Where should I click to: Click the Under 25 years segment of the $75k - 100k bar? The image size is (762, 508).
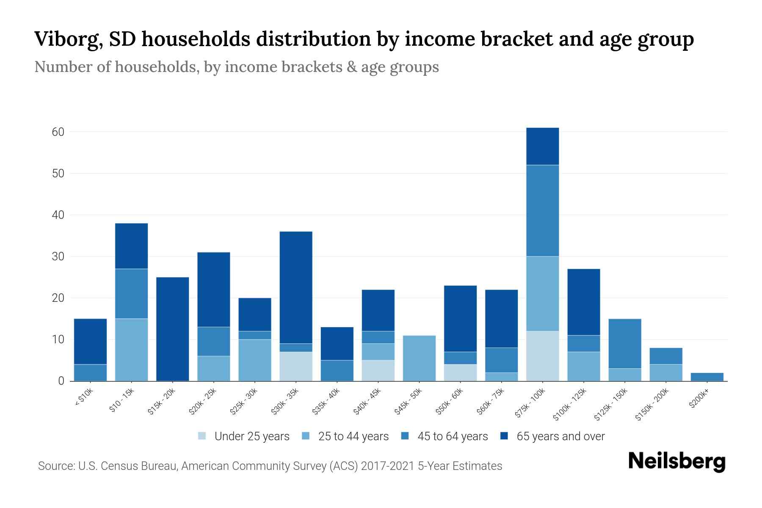pyautogui.click(x=542, y=356)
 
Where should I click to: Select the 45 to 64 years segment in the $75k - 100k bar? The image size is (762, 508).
pyautogui.click(x=542, y=210)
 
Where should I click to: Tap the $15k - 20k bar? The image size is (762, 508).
pyautogui.click(x=172, y=329)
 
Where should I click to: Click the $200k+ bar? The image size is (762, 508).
pyautogui.click(x=707, y=377)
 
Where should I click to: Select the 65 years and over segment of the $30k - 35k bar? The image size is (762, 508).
pyautogui.click(x=296, y=287)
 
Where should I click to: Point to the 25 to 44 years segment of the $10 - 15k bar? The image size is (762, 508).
pyautogui.click(x=131, y=350)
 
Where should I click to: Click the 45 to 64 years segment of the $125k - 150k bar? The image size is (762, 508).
pyautogui.click(x=625, y=343)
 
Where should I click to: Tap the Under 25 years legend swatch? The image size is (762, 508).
pyautogui.click(x=202, y=436)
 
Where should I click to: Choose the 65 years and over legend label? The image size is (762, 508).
pyautogui.click(x=560, y=436)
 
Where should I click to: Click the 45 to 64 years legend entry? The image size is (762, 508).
pyautogui.click(x=453, y=436)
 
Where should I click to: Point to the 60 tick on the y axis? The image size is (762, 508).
pyautogui.click(x=58, y=132)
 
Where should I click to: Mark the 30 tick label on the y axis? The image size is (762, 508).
pyautogui.click(x=58, y=257)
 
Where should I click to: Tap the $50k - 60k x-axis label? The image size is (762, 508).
pyautogui.click(x=450, y=401)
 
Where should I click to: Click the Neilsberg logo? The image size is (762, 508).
pyautogui.click(x=677, y=461)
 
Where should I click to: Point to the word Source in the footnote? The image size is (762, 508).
pyautogui.click(x=56, y=466)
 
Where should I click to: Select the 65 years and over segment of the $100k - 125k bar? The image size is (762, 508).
pyautogui.click(x=583, y=302)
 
